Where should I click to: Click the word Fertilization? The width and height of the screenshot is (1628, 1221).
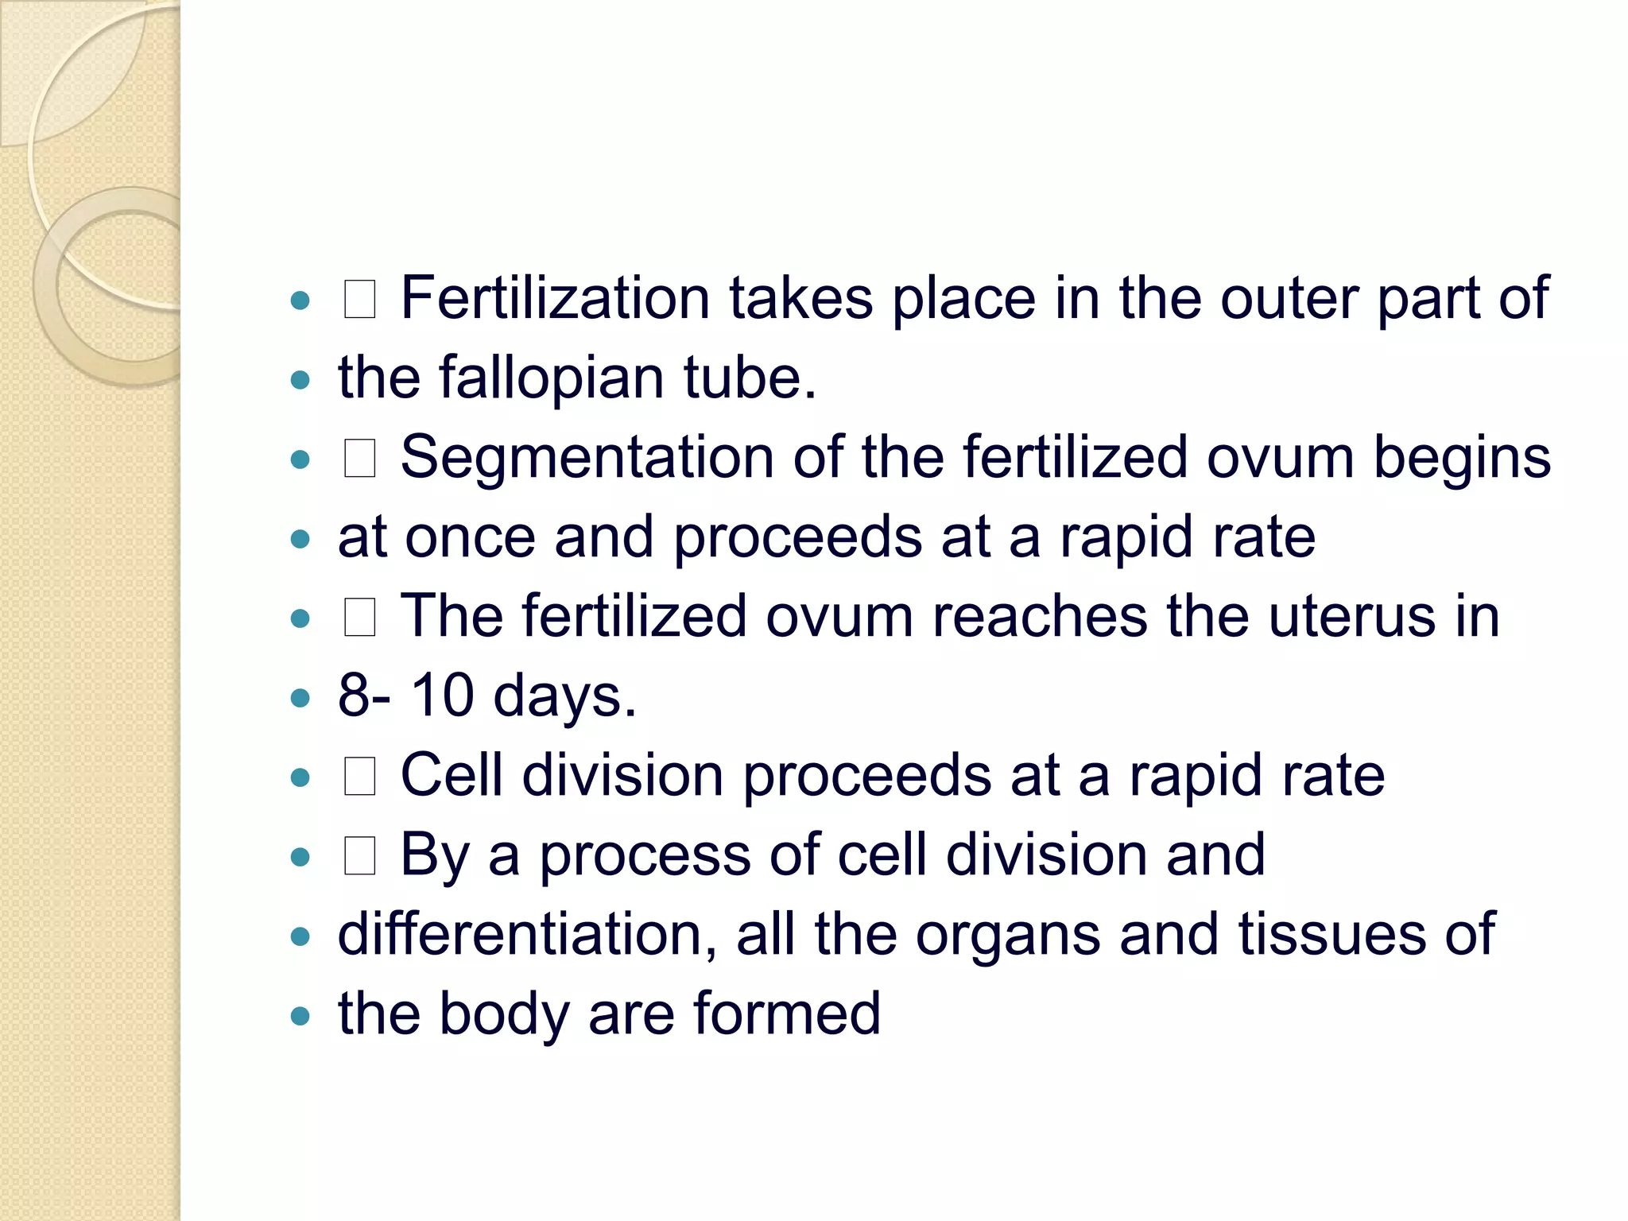point(554,298)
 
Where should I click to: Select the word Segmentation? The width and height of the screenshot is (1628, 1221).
point(587,458)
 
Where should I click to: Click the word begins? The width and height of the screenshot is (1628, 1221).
point(1462,458)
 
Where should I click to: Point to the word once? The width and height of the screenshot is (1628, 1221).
point(470,537)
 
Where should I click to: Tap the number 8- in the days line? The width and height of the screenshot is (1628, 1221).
point(364,696)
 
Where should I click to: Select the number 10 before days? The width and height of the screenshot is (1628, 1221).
point(442,696)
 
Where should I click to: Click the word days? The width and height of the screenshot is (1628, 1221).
point(564,697)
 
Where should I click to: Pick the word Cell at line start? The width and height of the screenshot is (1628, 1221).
point(452,775)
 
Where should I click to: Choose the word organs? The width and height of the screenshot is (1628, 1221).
point(1007,936)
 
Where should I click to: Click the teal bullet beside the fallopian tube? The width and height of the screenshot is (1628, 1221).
point(300,380)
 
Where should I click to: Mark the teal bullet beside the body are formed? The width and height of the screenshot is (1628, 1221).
point(300,1016)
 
